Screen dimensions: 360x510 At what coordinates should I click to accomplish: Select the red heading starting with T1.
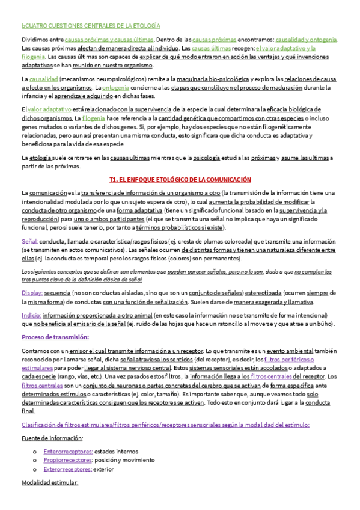pyautogui.click(x=180, y=180)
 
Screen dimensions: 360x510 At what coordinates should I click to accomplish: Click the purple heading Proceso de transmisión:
pyautogui.click(x=55, y=337)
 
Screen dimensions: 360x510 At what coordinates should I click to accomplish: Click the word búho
pyautogui.click(x=324, y=324)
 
